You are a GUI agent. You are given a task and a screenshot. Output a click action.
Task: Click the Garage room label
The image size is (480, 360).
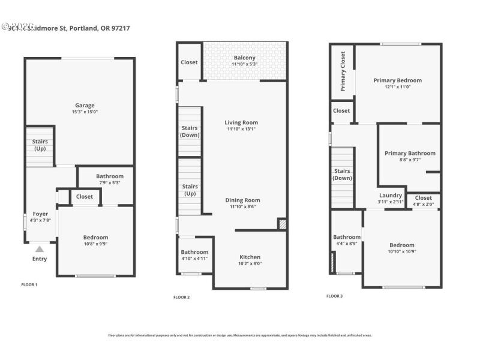[85, 106]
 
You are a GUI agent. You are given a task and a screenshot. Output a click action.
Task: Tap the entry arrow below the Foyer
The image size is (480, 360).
[39, 248]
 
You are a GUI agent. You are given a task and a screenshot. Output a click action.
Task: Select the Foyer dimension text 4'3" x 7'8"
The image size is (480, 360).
[40, 220]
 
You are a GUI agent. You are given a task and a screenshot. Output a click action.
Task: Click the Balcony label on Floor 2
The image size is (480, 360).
[244, 58]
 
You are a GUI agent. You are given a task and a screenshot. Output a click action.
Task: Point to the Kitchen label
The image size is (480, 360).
[250, 256]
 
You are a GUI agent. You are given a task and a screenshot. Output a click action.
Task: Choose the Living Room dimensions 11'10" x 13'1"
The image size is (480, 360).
[242, 129]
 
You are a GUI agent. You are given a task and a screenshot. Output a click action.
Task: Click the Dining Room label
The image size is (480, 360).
[242, 200]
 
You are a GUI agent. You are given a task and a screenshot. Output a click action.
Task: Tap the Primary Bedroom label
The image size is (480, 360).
[397, 80]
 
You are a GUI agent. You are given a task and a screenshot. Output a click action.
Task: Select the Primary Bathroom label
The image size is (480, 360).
[410, 153]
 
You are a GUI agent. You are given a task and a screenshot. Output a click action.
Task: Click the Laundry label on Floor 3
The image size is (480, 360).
[391, 196]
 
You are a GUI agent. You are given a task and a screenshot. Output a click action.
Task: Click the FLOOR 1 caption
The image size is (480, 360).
[29, 284]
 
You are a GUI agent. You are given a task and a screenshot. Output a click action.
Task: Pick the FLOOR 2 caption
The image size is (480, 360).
[181, 297]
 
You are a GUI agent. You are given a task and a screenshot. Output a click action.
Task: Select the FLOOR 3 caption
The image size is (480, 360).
[335, 296]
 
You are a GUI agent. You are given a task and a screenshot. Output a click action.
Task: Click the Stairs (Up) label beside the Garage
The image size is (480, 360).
[40, 145]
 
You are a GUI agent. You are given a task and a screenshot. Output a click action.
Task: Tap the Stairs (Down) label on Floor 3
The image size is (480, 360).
[343, 174]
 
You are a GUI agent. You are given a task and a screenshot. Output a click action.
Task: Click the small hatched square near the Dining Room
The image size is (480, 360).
[282, 223]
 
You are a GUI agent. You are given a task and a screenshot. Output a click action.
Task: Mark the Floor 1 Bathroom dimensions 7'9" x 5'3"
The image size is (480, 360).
[109, 182]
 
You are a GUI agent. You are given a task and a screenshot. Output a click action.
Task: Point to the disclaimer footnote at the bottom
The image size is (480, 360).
[239, 335]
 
